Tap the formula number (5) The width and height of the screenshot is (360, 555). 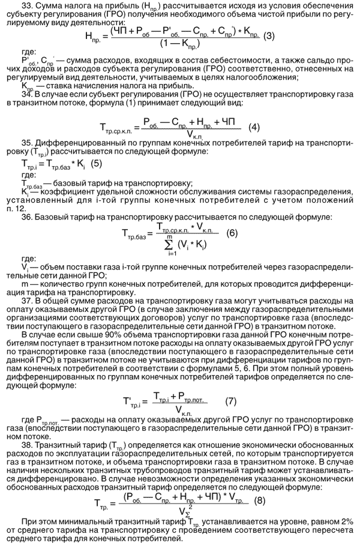(x=95, y=163)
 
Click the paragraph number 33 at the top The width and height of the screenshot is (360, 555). (x=26, y=5)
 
